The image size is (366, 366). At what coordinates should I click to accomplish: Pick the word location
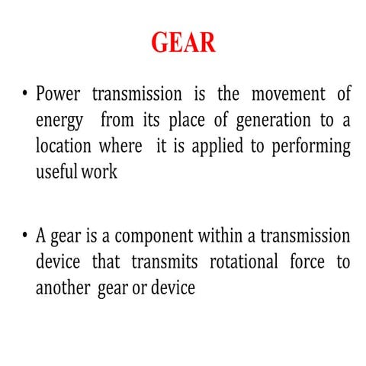coord(63,146)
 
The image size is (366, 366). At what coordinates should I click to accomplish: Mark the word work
coord(100,172)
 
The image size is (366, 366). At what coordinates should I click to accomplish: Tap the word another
coord(63,288)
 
